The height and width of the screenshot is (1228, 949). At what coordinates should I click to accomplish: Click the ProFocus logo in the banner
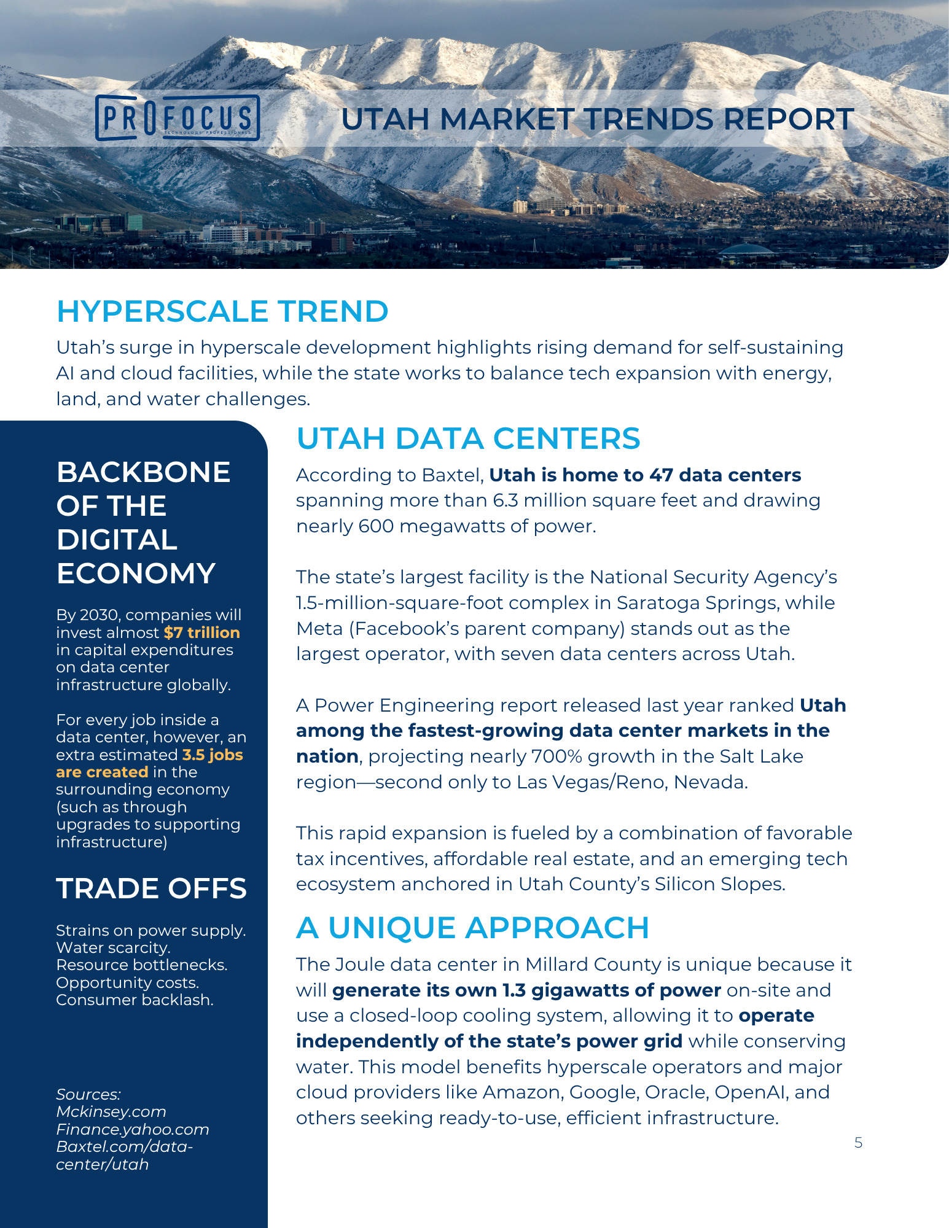click(178, 118)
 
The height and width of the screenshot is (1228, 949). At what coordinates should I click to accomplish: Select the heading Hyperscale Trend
click(222, 311)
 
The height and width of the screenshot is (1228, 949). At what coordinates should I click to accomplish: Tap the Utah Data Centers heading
click(468, 438)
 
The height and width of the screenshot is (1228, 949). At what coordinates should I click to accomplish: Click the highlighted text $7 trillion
click(202, 632)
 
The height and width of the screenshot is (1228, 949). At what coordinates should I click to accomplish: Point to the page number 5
click(858, 1143)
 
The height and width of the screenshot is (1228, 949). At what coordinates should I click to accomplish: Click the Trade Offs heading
click(151, 888)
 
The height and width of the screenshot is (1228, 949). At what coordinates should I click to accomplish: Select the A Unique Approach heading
click(472, 928)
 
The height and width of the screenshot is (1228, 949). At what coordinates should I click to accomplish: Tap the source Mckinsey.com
click(111, 1111)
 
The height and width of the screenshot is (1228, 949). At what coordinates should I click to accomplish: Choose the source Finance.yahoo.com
click(133, 1129)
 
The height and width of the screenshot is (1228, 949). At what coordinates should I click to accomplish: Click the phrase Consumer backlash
click(135, 1000)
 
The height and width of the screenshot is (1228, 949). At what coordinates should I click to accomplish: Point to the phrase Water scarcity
click(113, 947)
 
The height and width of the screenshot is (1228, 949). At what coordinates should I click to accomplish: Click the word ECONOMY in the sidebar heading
click(136, 573)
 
